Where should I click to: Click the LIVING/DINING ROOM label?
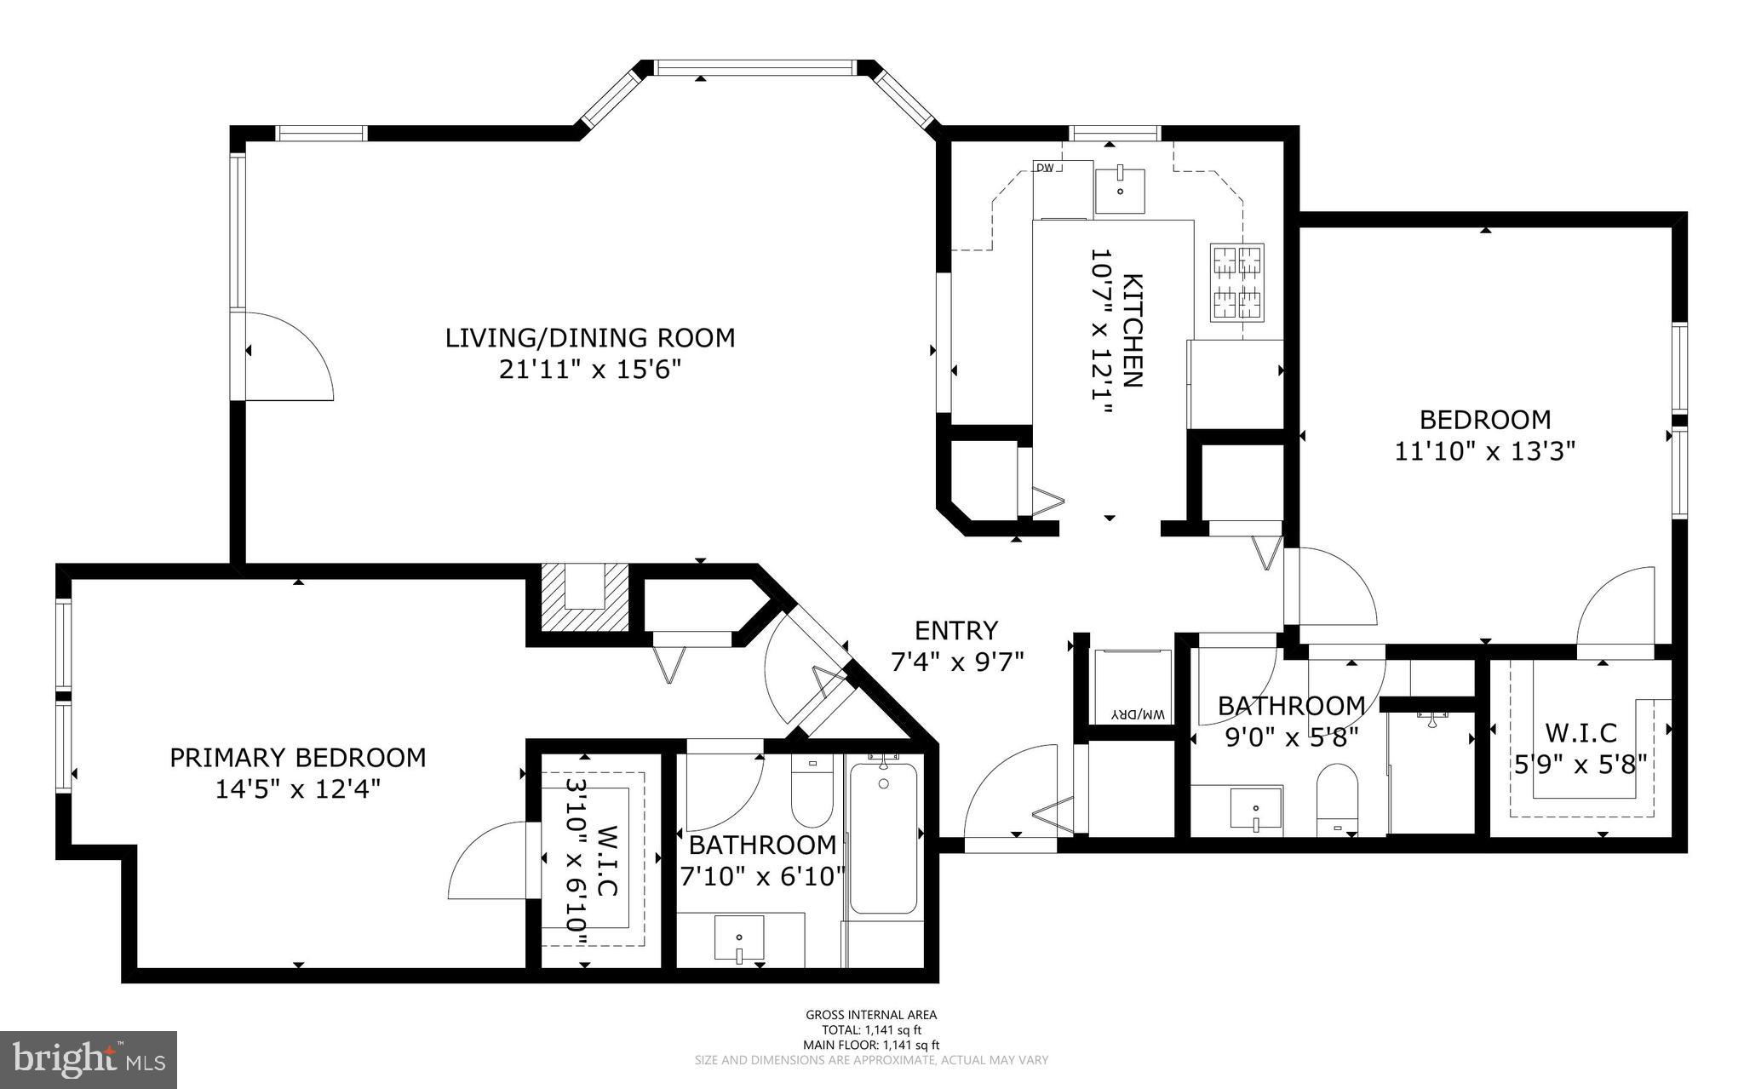click(590, 338)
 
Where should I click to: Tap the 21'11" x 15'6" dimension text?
click(590, 370)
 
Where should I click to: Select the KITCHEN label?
click(1133, 330)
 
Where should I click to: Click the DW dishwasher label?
click(1045, 168)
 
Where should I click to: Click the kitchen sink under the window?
click(1119, 191)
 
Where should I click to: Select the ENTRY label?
click(955, 631)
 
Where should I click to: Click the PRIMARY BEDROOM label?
click(298, 758)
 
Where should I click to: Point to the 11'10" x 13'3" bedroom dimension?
click(1484, 451)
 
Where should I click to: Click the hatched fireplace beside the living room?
click(584, 598)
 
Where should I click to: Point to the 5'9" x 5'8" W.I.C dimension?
click(1580, 764)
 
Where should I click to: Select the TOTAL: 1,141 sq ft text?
click(871, 1029)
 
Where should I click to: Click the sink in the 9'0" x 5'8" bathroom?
click(1256, 808)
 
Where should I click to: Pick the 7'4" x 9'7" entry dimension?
click(956, 662)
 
